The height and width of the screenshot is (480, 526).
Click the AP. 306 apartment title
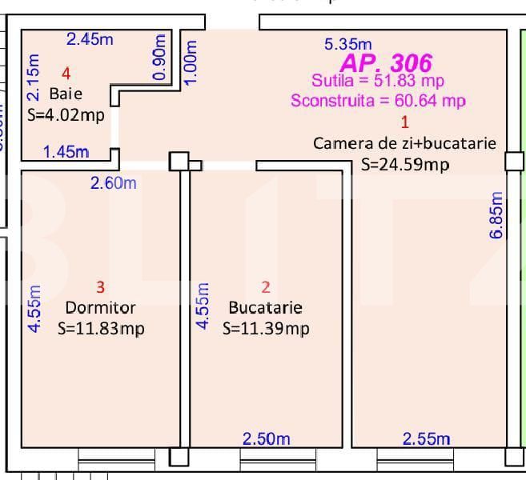(386, 63)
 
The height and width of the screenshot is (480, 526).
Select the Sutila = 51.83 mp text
(378, 81)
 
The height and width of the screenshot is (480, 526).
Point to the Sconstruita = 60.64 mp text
(378, 101)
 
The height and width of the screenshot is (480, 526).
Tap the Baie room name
(66, 94)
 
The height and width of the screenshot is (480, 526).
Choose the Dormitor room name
(100, 307)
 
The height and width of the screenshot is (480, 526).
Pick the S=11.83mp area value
(101, 328)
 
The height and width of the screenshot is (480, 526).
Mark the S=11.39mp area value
(266, 328)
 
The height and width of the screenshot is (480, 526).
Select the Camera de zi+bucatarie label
(404, 144)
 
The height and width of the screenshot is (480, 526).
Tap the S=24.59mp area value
(404, 165)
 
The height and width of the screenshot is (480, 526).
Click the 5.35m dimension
(347, 45)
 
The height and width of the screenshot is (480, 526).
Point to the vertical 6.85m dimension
(496, 214)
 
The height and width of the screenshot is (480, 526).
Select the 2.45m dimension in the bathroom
(90, 38)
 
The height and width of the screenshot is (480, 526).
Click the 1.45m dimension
(66, 152)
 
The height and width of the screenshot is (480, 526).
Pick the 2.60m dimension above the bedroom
(113, 183)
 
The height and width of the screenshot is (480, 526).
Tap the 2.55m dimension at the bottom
(426, 438)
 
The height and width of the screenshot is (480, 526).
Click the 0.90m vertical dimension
(159, 57)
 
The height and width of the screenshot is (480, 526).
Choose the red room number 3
(100, 286)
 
